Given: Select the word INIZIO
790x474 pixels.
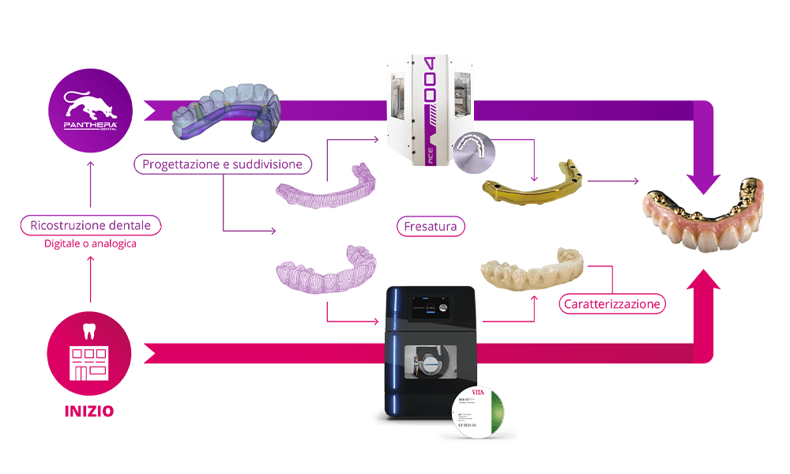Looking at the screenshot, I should coord(88,411).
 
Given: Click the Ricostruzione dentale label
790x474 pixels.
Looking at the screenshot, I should coord(90,225).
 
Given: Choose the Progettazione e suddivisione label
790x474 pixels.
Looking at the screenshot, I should coord(223,164).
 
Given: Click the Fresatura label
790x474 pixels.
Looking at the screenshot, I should coord(431,227).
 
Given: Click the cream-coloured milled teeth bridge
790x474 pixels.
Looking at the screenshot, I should coord(534,268).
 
